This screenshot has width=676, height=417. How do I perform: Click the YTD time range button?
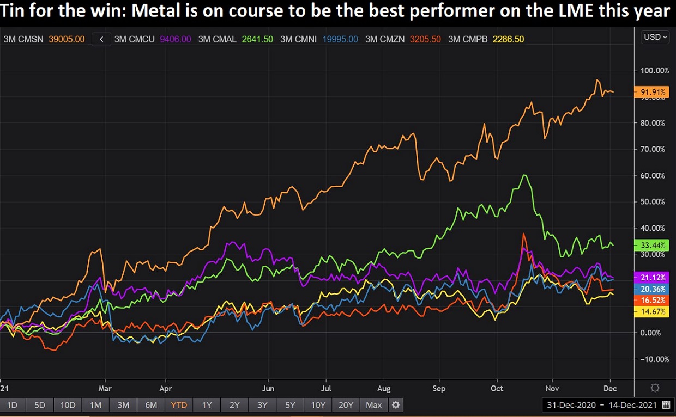[x=179, y=405]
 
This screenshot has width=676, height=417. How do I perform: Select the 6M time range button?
[x=151, y=405]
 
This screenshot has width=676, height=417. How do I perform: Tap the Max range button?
[x=374, y=405]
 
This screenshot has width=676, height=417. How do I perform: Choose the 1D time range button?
[x=12, y=405]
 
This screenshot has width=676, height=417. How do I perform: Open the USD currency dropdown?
[x=655, y=37]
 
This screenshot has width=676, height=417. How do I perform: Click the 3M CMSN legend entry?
[x=44, y=39]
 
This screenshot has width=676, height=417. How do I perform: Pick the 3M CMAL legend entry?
[x=236, y=39]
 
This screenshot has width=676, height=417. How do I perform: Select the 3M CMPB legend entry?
[x=486, y=39]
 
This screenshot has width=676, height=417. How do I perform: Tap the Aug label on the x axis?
[x=384, y=389]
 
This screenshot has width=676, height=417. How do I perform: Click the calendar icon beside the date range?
[x=666, y=405]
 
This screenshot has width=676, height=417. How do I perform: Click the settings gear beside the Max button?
[x=396, y=405]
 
